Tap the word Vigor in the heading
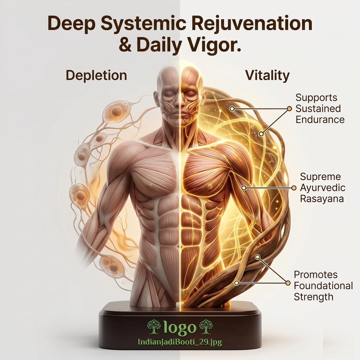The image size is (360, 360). [215, 45]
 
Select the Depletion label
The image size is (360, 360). [96, 76]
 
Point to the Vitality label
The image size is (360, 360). [268, 75]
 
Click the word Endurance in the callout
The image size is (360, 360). [320, 120]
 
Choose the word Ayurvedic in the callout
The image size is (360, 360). [323, 188]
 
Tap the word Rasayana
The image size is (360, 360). [322, 199]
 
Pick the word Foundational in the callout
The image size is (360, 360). [323, 286]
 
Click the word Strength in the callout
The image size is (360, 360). [313, 297]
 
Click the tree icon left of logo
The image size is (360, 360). [154, 327]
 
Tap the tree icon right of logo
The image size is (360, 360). [206, 327]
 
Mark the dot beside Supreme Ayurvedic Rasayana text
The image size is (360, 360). [294, 188]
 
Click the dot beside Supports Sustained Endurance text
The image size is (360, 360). [289, 109]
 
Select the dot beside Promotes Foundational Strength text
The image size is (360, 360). [288, 283]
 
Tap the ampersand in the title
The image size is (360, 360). [126, 45]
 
